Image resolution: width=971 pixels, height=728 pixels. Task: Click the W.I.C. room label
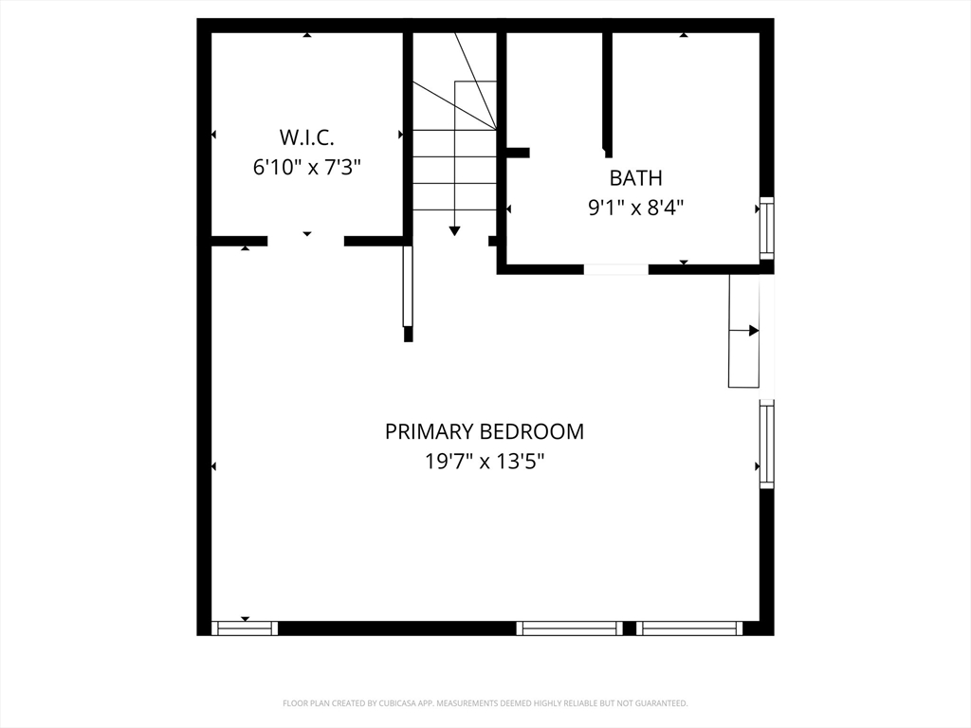(x=306, y=136)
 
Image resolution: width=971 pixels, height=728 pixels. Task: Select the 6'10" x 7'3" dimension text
(x=306, y=168)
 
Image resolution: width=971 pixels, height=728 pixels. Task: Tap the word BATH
(x=635, y=177)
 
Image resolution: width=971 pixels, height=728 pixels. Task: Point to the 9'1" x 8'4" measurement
(x=635, y=207)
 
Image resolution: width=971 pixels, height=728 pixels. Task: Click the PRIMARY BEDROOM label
(x=484, y=431)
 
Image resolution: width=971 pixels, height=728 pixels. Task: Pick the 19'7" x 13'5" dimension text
(x=484, y=462)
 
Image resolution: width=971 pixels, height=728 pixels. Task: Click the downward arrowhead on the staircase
(x=454, y=229)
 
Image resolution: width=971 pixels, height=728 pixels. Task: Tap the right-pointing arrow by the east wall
(x=753, y=330)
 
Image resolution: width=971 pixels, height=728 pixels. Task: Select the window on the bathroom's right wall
(x=767, y=228)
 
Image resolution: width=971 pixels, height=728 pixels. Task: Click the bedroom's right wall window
(x=767, y=445)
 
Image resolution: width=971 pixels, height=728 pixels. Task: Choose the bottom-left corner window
(x=244, y=628)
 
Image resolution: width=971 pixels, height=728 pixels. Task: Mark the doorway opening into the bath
(x=615, y=269)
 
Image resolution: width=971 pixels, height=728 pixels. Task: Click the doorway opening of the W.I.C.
(x=305, y=241)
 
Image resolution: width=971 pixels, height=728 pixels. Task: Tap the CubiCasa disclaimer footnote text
(x=485, y=703)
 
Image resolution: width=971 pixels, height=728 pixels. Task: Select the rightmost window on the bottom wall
(x=689, y=628)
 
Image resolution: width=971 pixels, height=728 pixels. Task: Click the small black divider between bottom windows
(x=628, y=628)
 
